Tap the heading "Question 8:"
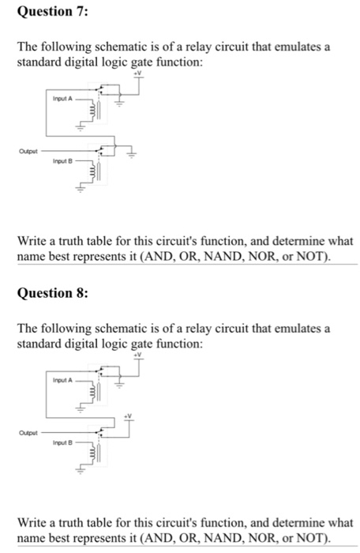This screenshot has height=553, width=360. (x=48, y=293)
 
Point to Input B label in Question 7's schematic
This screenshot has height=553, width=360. (x=62, y=161)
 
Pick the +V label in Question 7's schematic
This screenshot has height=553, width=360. (x=139, y=73)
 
